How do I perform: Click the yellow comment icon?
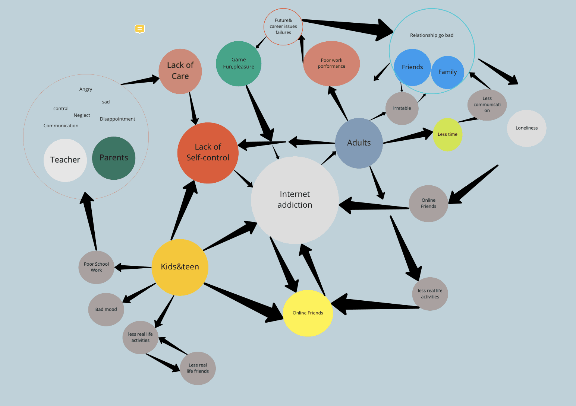coord(140,29)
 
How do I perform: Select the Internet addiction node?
coord(295,200)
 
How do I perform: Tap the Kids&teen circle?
coord(180,267)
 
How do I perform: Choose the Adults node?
coord(359,143)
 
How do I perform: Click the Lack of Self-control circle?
coord(208,153)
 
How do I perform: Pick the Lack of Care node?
coord(180,71)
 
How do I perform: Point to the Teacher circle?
coord(65,160)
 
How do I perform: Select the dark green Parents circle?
coord(114,158)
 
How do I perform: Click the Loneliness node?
coord(526,128)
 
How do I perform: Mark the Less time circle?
coord(447,134)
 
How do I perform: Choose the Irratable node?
coord(402,108)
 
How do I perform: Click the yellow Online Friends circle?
coord(308,313)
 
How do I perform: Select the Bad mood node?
coord(106,309)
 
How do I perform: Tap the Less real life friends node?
coord(198,368)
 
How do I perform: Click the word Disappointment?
coord(117,119)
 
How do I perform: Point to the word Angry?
coord(86,89)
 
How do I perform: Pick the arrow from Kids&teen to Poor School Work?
coord(133,267)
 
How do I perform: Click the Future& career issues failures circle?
coord(283,26)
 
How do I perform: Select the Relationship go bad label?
coord(432,35)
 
